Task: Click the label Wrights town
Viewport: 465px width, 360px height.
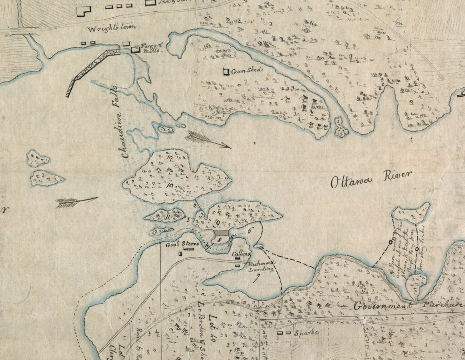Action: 115,27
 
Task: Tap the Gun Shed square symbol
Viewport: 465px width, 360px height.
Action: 226,71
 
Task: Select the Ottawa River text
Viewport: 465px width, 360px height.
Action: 371,180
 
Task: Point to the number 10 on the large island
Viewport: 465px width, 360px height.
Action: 169,185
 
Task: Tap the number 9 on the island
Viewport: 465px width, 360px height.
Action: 218,223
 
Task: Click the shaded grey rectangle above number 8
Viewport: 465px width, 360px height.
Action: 220,232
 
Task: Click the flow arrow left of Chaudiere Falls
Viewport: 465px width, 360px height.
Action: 76,202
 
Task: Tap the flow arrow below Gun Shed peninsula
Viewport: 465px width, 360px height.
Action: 208,139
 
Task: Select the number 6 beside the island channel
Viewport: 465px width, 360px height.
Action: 249,231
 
